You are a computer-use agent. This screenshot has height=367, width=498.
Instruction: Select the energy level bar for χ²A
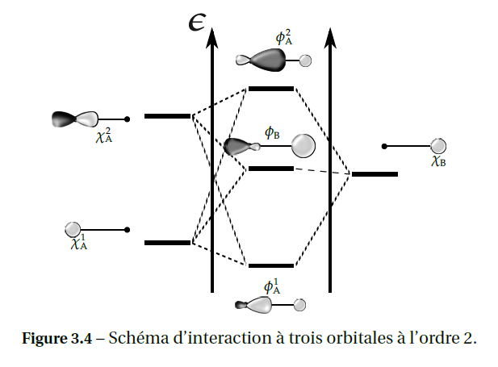pyautogui.click(x=167, y=116)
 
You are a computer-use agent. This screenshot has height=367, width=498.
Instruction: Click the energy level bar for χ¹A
pyautogui.click(x=167, y=242)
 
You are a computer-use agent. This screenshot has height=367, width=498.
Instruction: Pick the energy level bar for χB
pyautogui.click(x=375, y=173)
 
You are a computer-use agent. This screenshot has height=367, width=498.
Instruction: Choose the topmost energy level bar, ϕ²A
pyautogui.click(x=270, y=88)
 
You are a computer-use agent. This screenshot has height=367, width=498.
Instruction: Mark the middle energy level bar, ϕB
pyautogui.click(x=270, y=169)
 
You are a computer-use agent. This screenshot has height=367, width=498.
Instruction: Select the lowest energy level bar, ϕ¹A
pyautogui.click(x=270, y=265)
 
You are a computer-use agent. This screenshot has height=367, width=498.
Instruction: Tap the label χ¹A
pyautogui.click(x=79, y=242)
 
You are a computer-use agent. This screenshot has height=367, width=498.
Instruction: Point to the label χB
pyautogui.click(x=439, y=161)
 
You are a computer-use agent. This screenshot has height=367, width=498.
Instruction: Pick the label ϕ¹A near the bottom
pyautogui.click(x=272, y=286)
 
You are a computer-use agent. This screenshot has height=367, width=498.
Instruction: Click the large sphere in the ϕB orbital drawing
pyautogui.click(x=303, y=145)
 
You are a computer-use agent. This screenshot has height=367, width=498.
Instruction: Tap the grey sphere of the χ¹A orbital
pyautogui.click(x=73, y=229)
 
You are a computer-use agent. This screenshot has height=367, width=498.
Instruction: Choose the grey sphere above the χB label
pyautogui.click(x=438, y=146)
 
